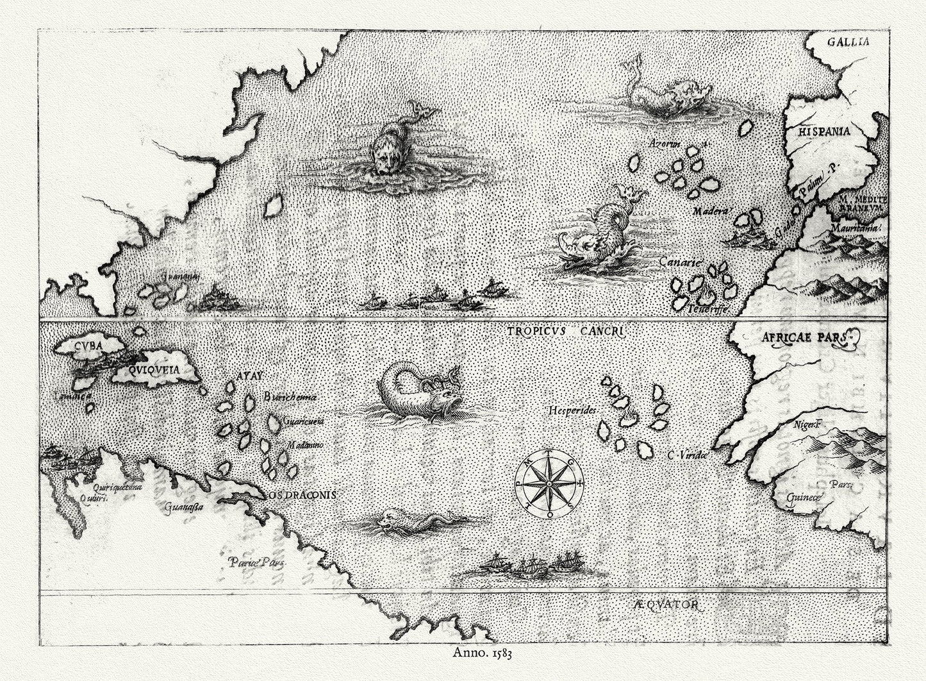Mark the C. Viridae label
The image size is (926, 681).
click(x=686, y=455)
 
